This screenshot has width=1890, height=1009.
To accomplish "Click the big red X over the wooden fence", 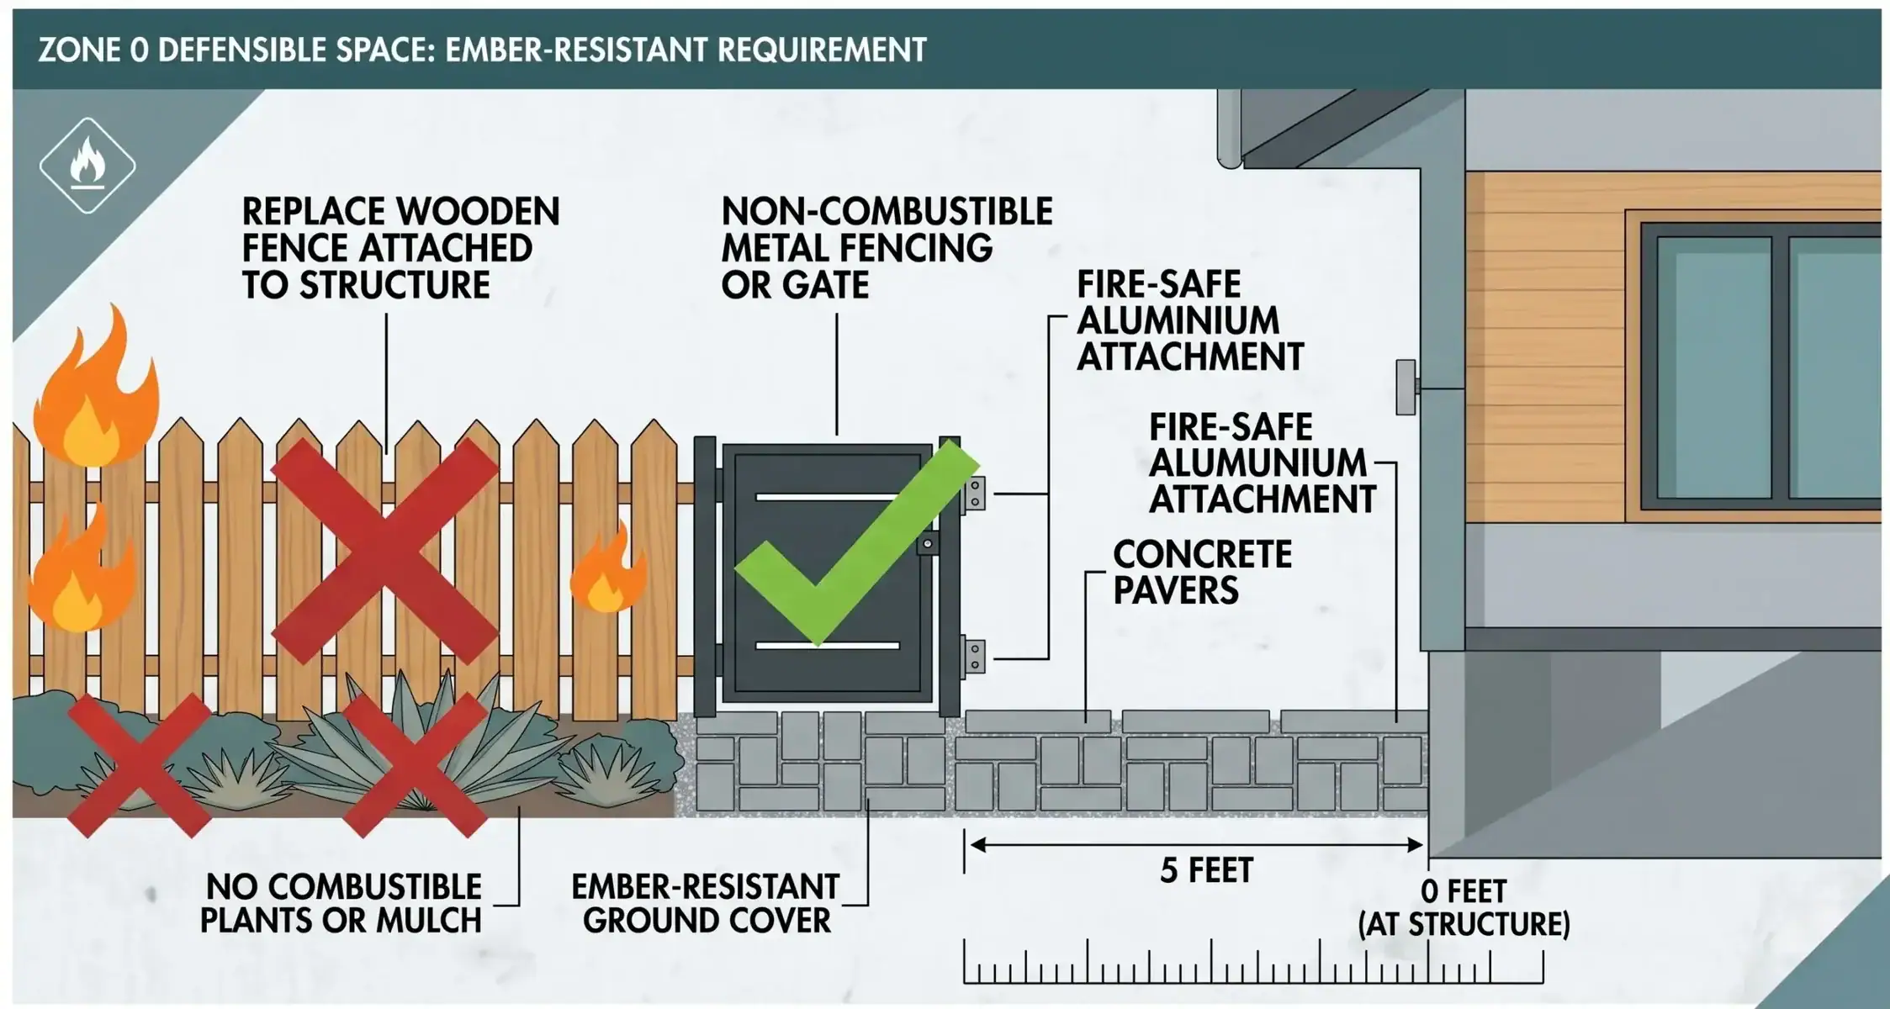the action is pyautogui.click(x=385, y=550).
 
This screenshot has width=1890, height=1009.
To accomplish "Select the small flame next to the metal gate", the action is pyautogui.click(x=607, y=568).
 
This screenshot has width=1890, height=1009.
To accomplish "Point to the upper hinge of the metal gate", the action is pyautogui.click(x=974, y=494).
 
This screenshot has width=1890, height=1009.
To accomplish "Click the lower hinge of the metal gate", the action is pyautogui.click(x=974, y=656).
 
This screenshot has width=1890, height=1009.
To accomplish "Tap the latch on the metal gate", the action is pyautogui.click(x=927, y=544).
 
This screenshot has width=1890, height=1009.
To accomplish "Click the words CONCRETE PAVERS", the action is pyautogui.click(x=1202, y=572).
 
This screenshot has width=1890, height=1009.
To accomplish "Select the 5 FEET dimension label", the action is pyautogui.click(x=1206, y=870).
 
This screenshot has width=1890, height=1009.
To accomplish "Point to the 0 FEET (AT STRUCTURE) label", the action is pyautogui.click(x=1464, y=907).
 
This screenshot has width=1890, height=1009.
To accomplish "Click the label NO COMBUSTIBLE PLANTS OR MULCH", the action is pyautogui.click(x=342, y=904).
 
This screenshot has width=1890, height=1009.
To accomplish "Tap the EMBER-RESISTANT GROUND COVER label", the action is pyautogui.click(x=706, y=904).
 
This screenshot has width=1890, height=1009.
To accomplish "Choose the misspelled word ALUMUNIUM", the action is pyautogui.click(x=1258, y=463).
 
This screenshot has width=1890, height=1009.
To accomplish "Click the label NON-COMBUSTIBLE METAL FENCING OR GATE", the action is pyautogui.click(x=887, y=248).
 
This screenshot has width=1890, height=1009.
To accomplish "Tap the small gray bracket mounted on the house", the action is pyautogui.click(x=1406, y=387).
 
